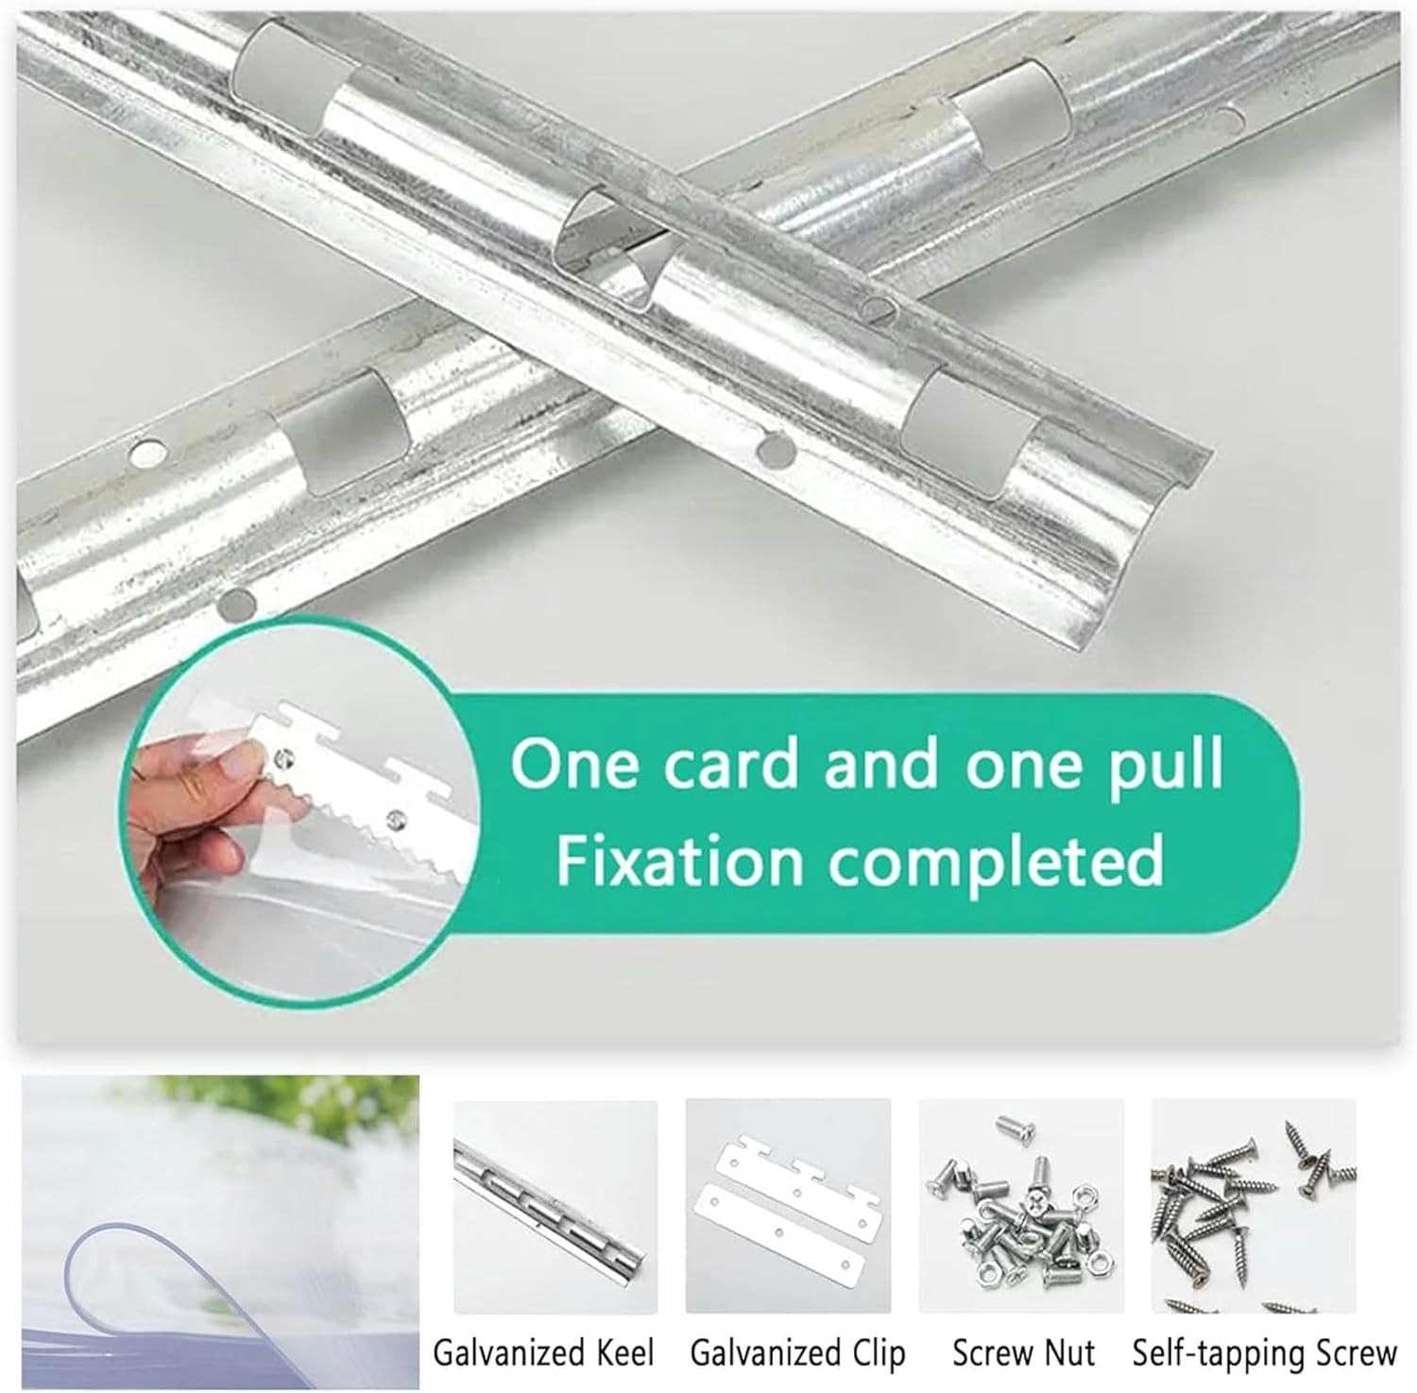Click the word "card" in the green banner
(x=731, y=764)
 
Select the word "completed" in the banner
(x=996, y=861)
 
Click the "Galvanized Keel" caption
(x=543, y=1352)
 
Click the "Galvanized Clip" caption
(x=797, y=1352)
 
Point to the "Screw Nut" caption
(x=1023, y=1352)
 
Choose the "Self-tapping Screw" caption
(x=1264, y=1352)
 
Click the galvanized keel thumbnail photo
(x=555, y=1206)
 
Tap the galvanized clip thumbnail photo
(x=789, y=1206)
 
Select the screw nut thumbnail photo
(x=1021, y=1206)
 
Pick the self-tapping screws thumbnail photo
(x=1255, y=1206)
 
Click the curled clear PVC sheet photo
(x=219, y=1232)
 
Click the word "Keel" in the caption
(x=623, y=1352)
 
